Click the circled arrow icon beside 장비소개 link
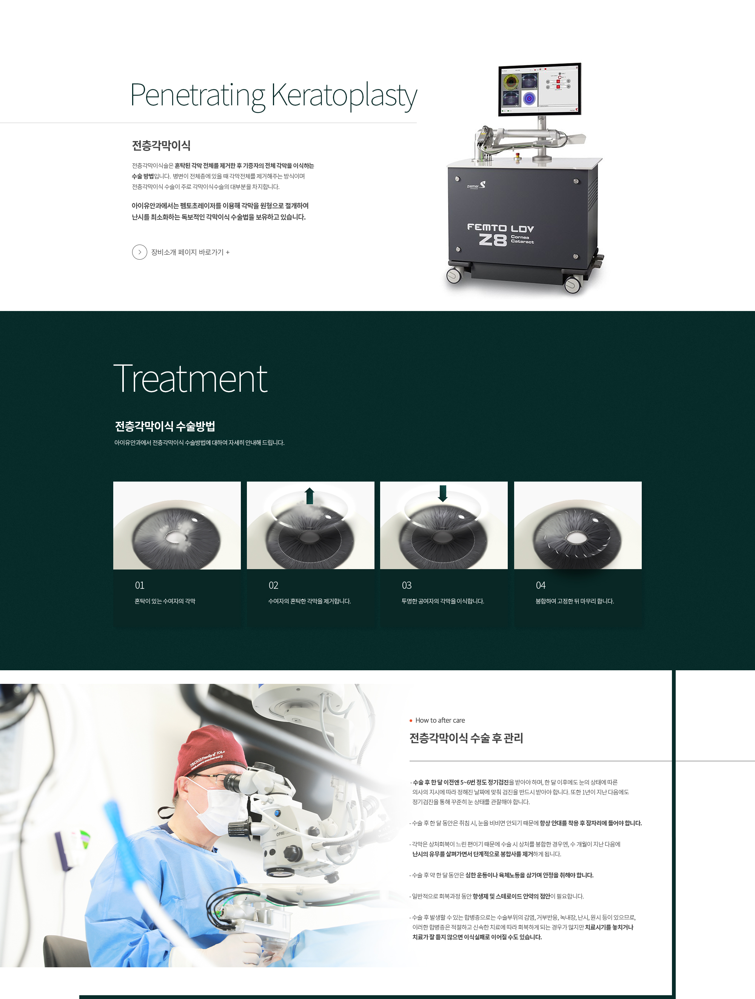pyautogui.click(x=140, y=252)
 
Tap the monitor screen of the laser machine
pyautogui.click(x=540, y=89)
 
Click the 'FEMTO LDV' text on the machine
pyautogui.click(x=500, y=228)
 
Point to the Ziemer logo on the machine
pyautogui.click(x=477, y=185)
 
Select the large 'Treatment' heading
pyautogui.click(x=190, y=379)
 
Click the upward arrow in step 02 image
pyautogui.click(x=310, y=496)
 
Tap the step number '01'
pyautogui.click(x=140, y=585)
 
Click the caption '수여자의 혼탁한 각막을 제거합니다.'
pyautogui.click(x=310, y=601)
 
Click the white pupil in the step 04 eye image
pyautogui.click(x=576, y=538)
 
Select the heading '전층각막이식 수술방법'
pyautogui.click(x=165, y=426)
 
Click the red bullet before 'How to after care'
pyautogui.click(x=411, y=720)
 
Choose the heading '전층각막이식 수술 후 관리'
pyautogui.click(x=466, y=738)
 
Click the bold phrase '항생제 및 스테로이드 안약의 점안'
pyautogui.click(x=511, y=896)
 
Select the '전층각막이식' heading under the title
pyautogui.click(x=161, y=145)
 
